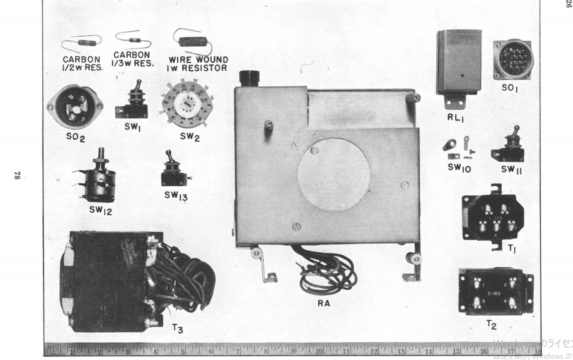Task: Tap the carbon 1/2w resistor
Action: tap(87, 43)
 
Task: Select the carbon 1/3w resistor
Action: tap(134, 40)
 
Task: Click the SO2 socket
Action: tap(75, 107)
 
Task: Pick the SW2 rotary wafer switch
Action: tap(187, 104)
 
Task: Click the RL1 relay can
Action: tap(459, 63)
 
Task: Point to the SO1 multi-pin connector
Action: tap(513, 60)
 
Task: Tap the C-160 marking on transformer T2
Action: tap(494, 293)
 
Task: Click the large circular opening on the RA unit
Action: tap(334, 174)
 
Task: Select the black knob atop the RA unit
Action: tap(249, 78)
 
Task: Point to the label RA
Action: tap(324, 304)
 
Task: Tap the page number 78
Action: tap(17, 176)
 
